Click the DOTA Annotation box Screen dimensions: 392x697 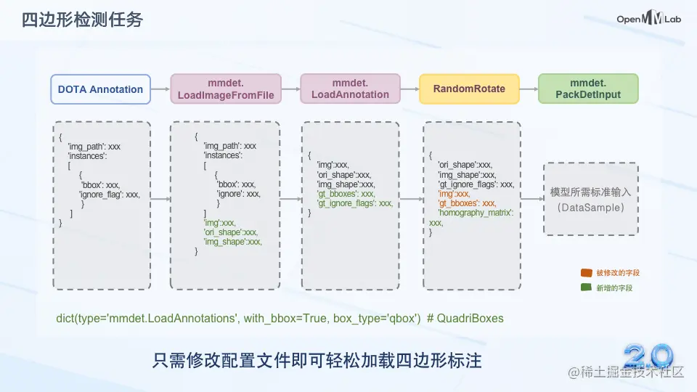pyautogui.click(x=101, y=89)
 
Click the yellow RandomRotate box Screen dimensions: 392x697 pyautogui.click(x=469, y=89)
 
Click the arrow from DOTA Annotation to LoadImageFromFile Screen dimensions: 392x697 pyautogui.click(x=160, y=89)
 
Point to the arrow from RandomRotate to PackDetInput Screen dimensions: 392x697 pyautogui.click(x=529, y=89)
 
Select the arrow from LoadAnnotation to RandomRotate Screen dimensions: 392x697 pyautogui.click(x=409, y=89)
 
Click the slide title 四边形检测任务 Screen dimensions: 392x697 pyautogui.click(x=82, y=20)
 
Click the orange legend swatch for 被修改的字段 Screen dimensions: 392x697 pyautogui.click(x=586, y=273)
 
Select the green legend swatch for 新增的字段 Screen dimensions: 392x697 pyautogui.click(x=586, y=288)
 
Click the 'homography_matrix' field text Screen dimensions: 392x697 pyautogui.click(x=476, y=213)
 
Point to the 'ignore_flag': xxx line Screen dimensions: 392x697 pyautogui.click(x=109, y=195)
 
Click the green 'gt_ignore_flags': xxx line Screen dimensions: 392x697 pyautogui.click(x=355, y=203)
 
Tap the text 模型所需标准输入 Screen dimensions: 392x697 pyautogui.click(x=590, y=192)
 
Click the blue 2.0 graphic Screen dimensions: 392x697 pyautogui.click(x=648, y=356)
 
